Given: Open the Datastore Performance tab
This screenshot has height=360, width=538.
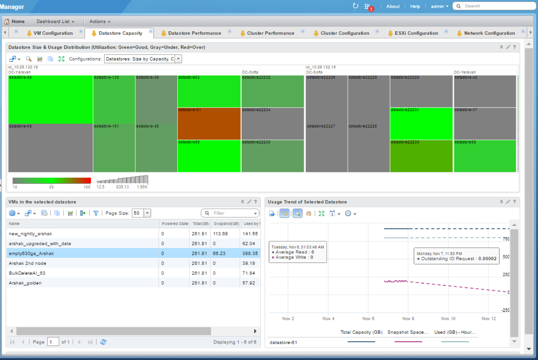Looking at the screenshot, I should pyautogui.click(x=194, y=33).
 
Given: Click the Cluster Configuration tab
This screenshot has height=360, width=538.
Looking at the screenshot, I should pyautogui.click(x=345, y=33).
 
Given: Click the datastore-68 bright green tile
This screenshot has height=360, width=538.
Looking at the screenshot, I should pyautogui.click(x=50, y=100).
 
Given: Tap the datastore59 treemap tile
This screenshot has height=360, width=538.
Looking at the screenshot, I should pyautogui.click(x=485, y=156).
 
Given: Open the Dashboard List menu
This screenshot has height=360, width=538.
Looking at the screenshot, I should pyautogui.click(x=55, y=22).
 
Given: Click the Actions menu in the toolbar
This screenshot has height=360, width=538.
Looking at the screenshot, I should pyautogui.click(x=100, y=22).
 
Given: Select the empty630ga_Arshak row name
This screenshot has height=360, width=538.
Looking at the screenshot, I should pyautogui.click(x=31, y=254).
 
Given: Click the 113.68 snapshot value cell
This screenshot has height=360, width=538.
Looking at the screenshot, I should pyautogui.click(x=220, y=234).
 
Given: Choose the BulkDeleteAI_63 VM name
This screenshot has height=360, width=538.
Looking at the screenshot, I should pyautogui.click(x=27, y=273).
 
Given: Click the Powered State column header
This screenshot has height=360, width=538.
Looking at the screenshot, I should pyautogui.click(x=175, y=224).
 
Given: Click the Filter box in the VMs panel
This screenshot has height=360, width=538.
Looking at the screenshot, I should pyautogui.click(x=231, y=213).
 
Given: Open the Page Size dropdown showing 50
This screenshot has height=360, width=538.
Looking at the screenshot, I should pyautogui.click(x=147, y=213).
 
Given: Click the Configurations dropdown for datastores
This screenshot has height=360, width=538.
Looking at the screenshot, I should pyautogui.click(x=143, y=59).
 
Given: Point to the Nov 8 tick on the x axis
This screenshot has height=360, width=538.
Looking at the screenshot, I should pyautogui.click(x=408, y=319).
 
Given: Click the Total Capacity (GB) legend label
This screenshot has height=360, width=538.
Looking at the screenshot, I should pyautogui.click(x=361, y=332).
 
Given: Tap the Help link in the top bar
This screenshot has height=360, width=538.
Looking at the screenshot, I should pyautogui.click(x=415, y=6).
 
